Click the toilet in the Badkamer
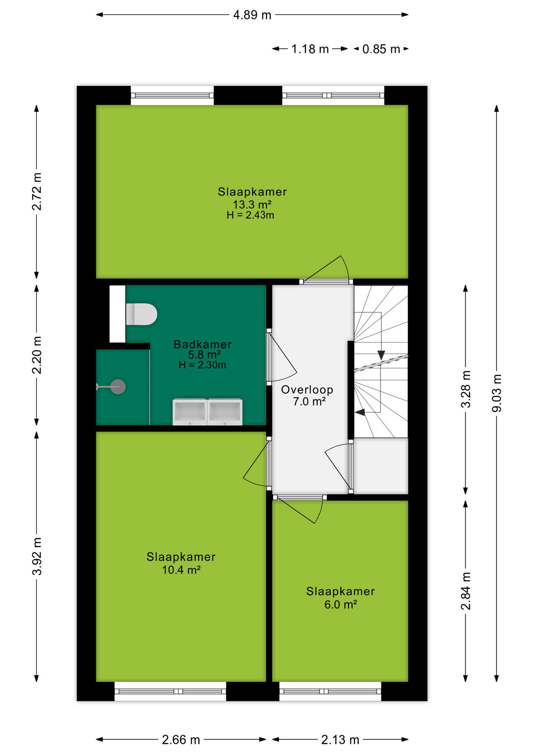(141, 314)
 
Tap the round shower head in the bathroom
(118, 387)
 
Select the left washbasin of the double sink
(190, 412)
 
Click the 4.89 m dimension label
(252, 15)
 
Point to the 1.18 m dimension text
(310, 49)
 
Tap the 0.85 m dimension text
(381, 49)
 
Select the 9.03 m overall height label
(497, 393)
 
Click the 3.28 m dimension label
(466, 389)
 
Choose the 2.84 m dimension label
(466, 591)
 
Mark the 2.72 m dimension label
(37, 191)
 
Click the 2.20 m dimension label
(37, 355)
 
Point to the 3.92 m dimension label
(37, 556)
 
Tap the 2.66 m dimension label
(181, 740)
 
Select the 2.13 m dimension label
(340, 740)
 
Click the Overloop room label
(307, 390)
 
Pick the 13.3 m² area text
(252, 205)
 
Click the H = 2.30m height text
(202, 365)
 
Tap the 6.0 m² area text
(340, 604)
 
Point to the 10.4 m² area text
(181, 570)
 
